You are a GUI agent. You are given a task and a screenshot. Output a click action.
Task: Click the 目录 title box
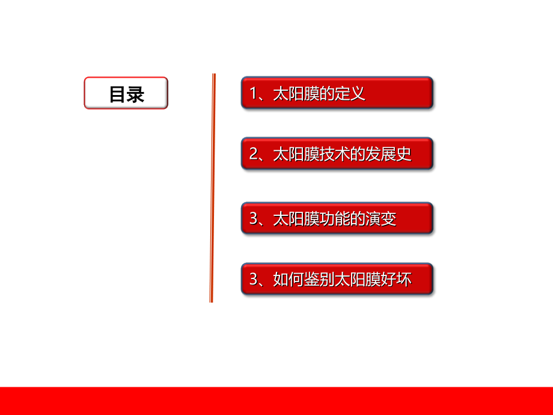pyautogui.click(x=126, y=93)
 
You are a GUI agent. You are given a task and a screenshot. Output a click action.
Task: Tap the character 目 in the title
pyautogui.click(x=117, y=94)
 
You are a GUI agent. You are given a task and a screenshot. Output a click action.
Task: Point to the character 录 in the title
pyautogui.click(x=136, y=94)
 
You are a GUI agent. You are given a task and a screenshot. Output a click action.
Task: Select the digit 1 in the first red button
pyautogui.click(x=253, y=94)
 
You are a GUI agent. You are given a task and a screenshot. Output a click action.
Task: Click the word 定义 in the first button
pyautogui.click(x=351, y=94)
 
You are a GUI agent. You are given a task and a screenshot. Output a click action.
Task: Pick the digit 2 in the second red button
pyautogui.click(x=253, y=155)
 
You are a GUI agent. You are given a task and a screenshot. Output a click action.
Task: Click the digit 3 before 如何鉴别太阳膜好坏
pyautogui.click(x=253, y=279)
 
